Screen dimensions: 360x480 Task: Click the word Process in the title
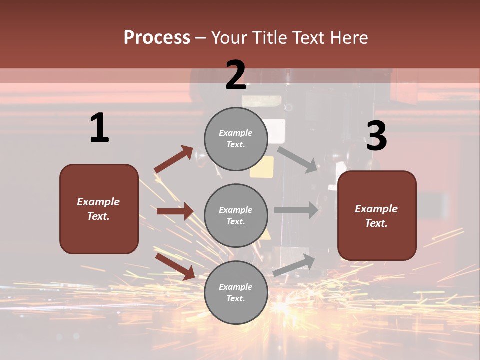pos(157,37)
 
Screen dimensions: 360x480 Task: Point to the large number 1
pos(99,128)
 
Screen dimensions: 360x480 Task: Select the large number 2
pos(236,75)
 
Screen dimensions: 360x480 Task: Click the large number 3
pos(376,136)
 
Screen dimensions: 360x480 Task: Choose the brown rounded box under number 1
pos(99,209)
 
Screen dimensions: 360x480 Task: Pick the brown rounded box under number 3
pos(377,216)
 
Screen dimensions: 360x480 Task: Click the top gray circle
pos(236,139)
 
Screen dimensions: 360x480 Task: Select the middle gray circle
pos(236,216)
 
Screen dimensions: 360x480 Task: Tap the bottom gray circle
pos(236,292)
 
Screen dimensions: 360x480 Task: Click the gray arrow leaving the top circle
pos(298,159)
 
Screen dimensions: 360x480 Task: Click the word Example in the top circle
pos(236,133)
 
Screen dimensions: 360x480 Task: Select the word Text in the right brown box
pos(376,223)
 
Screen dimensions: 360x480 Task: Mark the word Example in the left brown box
pos(98,202)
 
